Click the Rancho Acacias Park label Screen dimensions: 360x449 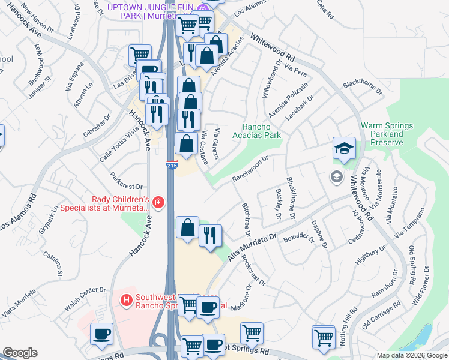(x=261, y=131)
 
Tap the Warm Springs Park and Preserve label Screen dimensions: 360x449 (x=387, y=134)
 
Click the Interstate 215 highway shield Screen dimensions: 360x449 (x=172, y=165)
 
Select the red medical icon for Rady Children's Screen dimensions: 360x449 (x=158, y=203)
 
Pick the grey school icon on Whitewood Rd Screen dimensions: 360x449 (x=336, y=176)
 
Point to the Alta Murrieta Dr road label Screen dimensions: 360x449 (x=252, y=247)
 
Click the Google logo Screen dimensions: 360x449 (x=20, y=353)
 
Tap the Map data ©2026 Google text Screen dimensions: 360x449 (x=411, y=355)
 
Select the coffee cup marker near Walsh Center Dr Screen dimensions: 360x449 (x=101, y=334)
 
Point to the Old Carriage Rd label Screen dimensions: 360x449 (x=381, y=316)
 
